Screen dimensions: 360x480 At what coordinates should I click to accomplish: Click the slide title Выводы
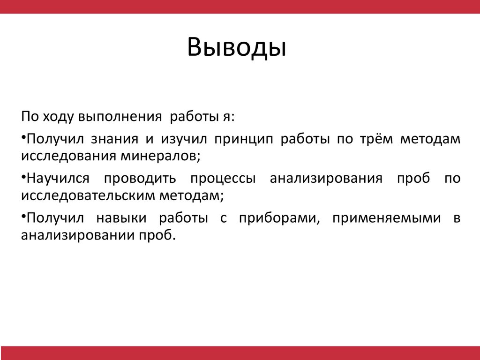tap(237, 48)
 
